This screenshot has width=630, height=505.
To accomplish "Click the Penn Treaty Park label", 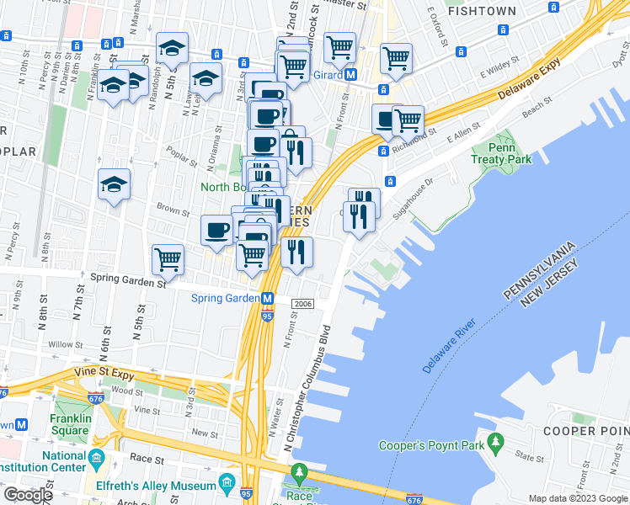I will click(512, 151).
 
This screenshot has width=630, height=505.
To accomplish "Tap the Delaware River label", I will click(450, 346).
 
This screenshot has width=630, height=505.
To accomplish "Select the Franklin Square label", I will click(68, 424).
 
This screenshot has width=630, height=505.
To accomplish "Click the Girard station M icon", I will click(351, 74).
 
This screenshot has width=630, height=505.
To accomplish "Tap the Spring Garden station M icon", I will click(268, 298).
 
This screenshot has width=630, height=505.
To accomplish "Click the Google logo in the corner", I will click(28, 495).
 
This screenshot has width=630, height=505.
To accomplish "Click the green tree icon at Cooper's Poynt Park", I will click(497, 441).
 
